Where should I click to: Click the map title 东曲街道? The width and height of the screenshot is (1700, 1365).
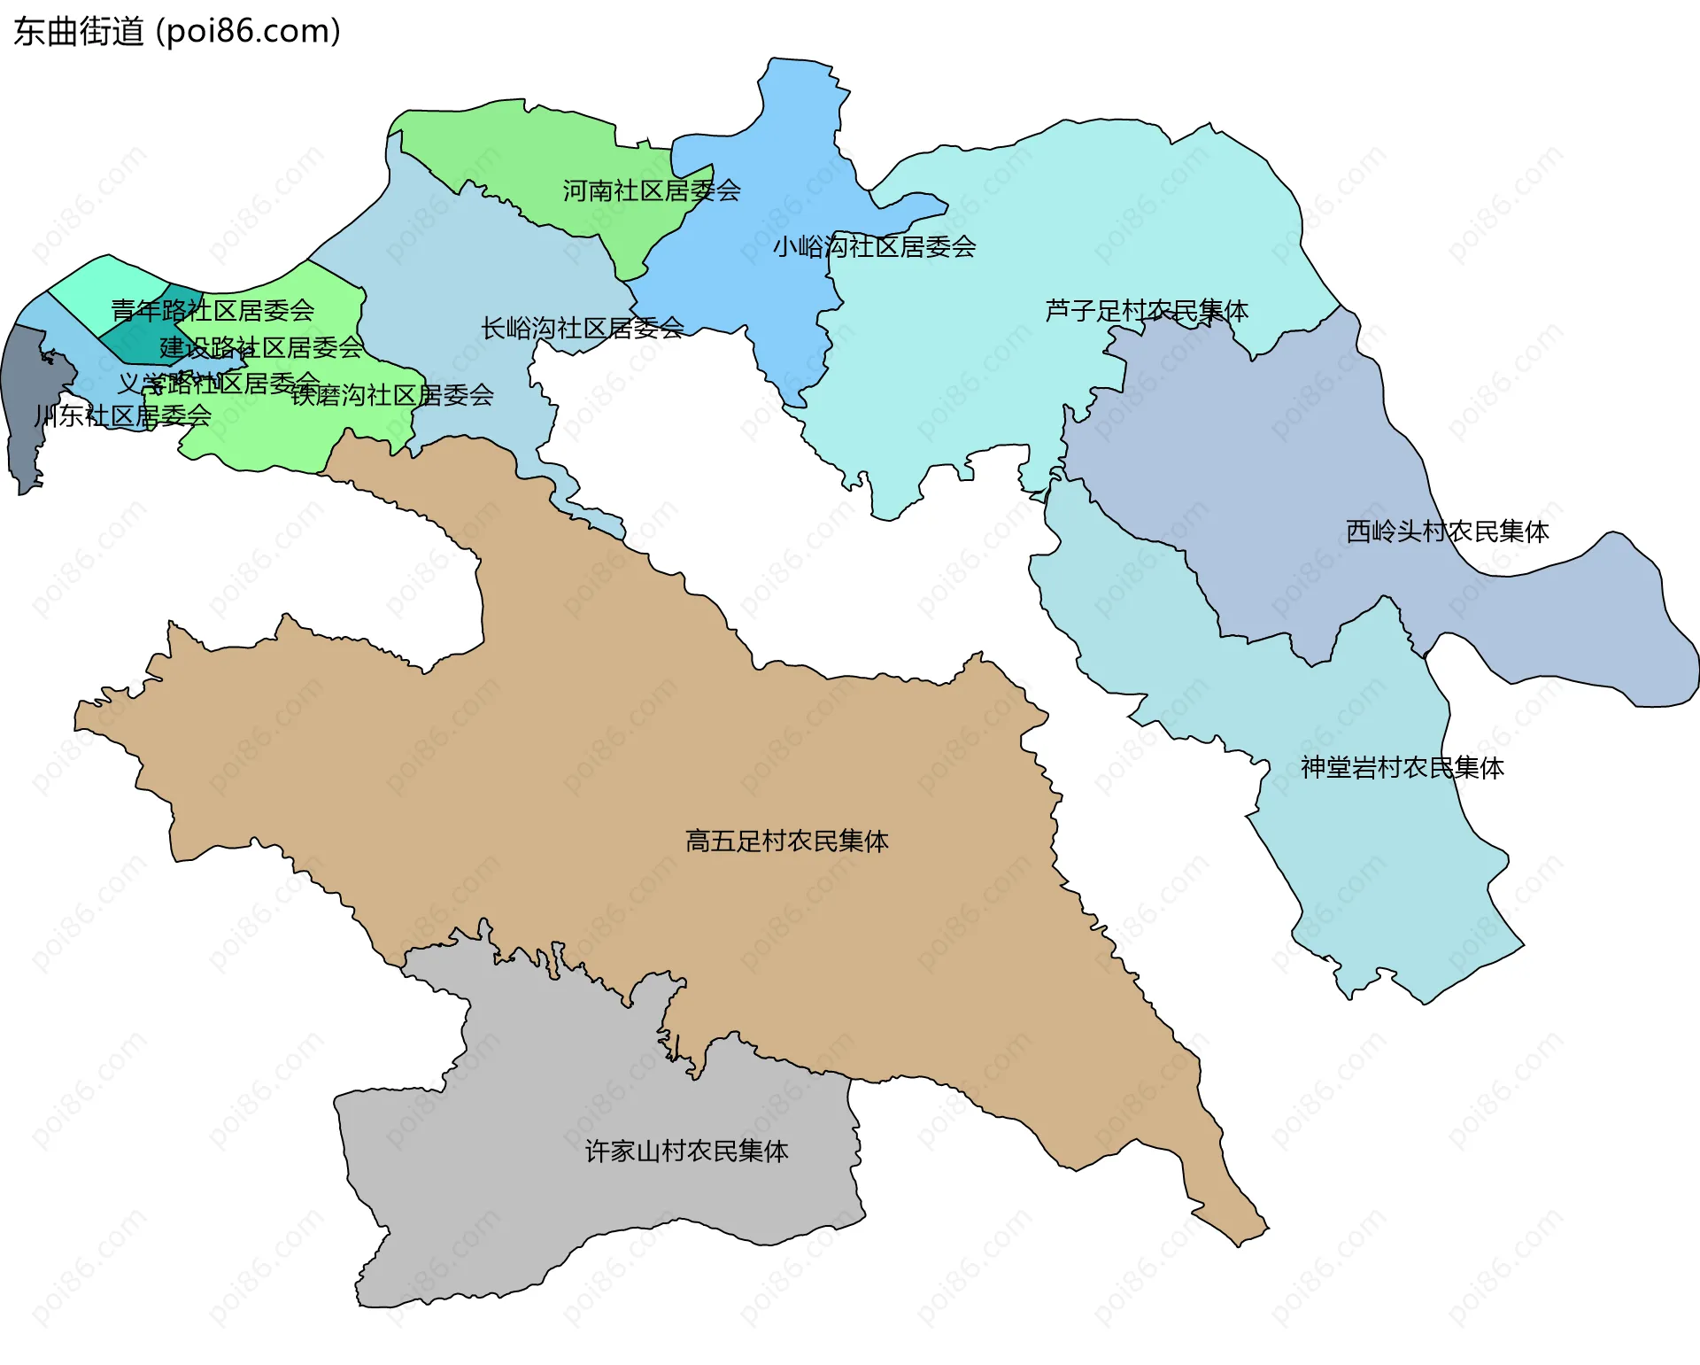pyautogui.click(x=78, y=32)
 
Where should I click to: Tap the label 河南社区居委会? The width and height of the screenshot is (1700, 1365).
pyautogui.click(x=652, y=190)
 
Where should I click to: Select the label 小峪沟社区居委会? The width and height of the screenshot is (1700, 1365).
pyautogui.click(x=874, y=246)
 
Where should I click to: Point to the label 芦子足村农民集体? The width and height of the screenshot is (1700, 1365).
pyautogui.click(x=1146, y=311)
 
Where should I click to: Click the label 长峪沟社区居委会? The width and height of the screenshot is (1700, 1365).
pyautogui.click(x=582, y=329)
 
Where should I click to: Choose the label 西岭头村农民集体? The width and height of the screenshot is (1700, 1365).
pyautogui.click(x=1447, y=531)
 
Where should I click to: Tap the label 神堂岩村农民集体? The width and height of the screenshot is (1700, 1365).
pyautogui.click(x=1402, y=768)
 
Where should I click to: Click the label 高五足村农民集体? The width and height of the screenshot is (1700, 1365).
pyautogui.click(x=786, y=841)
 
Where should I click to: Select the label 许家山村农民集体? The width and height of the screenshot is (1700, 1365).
pyautogui.click(x=686, y=1151)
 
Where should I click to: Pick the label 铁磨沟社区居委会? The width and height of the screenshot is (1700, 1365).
pyautogui.click(x=392, y=395)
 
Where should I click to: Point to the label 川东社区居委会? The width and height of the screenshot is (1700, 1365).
pyautogui.click(x=122, y=415)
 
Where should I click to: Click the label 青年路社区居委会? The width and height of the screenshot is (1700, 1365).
pyautogui.click(x=212, y=311)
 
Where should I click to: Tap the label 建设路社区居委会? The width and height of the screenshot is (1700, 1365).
pyautogui.click(x=261, y=347)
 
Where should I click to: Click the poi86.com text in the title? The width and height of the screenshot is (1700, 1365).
pyautogui.click(x=248, y=32)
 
